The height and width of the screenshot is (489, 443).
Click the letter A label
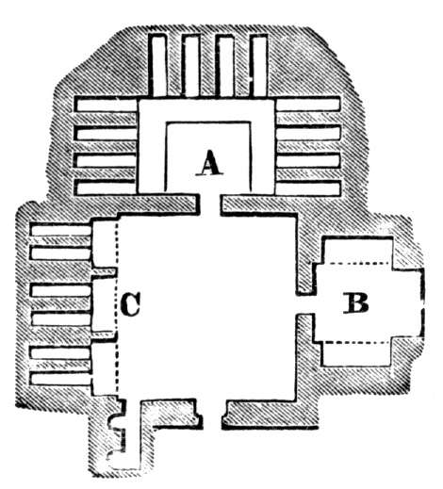coord(209,163)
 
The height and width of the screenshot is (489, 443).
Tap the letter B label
coord(355,303)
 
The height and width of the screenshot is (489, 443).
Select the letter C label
coord(131,304)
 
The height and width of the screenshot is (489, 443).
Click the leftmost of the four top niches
coord(157,66)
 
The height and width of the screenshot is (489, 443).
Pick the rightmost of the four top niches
coord(259,66)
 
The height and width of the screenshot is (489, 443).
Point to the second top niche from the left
coord(191,66)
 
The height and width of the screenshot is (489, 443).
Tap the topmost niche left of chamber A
coord(106,106)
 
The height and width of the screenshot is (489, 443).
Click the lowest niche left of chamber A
coord(106,187)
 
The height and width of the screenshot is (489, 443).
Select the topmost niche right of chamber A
coord(308,106)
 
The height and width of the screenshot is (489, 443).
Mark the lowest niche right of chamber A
coord(308,187)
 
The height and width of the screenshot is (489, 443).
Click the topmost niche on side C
coord(61,230)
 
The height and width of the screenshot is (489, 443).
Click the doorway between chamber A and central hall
coord(210,204)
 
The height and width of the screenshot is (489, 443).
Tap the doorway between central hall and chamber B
coord(304,304)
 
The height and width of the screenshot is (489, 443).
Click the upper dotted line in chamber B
coord(357,263)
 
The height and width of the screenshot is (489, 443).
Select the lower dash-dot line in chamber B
coord(357,342)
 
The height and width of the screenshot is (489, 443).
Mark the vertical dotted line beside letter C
coord(117,304)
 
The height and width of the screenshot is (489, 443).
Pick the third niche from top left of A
coord(106,160)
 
